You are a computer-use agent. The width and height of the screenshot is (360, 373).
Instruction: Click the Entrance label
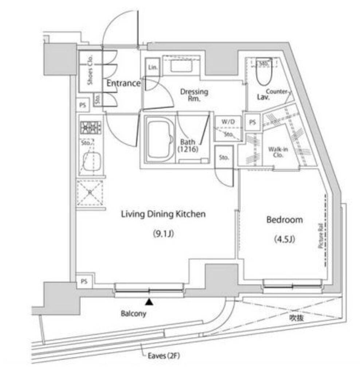123,83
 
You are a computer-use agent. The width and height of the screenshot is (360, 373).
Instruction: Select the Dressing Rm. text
194,95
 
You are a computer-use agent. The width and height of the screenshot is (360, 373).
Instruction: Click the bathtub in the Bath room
159,138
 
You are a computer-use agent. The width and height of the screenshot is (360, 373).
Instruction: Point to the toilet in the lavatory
262,75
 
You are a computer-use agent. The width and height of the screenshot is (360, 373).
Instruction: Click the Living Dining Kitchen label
163,214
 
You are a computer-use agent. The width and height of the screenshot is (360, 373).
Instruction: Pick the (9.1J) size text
163,234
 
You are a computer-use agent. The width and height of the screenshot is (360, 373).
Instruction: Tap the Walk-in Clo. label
278,152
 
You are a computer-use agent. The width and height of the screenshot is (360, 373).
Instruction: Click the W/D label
228,122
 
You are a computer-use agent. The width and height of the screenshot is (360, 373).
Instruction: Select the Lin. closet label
153,67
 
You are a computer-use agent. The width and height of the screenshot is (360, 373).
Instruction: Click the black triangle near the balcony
149,302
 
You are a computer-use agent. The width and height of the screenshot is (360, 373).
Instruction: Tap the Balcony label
133,313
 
